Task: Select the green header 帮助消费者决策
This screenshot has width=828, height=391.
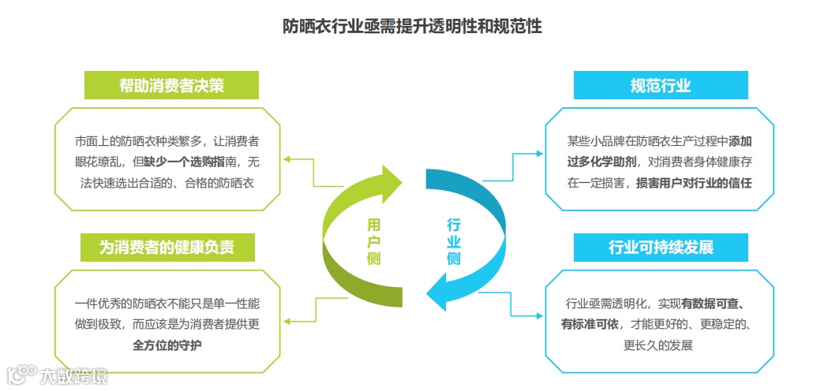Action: (171, 85)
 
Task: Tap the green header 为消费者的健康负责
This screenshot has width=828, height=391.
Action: (167, 247)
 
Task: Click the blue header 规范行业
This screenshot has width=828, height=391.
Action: (660, 85)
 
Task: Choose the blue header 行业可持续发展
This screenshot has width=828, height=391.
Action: (660, 247)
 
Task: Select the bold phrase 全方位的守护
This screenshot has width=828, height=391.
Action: (167, 344)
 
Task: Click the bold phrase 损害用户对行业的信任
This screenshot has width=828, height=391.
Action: (694, 183)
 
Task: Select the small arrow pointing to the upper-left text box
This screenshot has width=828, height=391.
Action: (289, 160)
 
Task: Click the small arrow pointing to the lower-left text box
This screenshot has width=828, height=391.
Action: (289, 320)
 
